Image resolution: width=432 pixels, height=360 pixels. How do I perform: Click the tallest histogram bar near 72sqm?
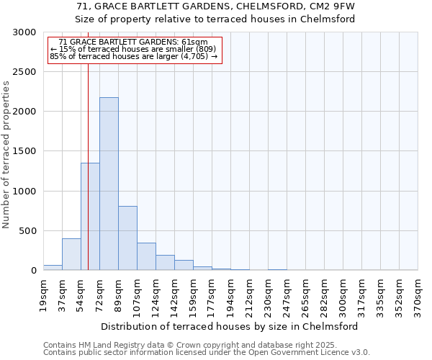(x=109, y=184)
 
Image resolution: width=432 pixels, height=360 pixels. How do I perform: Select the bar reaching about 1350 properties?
(x=90, y=216)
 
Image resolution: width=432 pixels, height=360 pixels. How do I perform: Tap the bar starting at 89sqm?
(x=127, y=238)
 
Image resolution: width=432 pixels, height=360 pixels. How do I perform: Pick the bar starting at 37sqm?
(x=71, y=254)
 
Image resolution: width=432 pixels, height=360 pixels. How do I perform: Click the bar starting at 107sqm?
(x=146, y=256)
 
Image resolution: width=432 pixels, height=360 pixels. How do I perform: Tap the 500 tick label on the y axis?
(x=27, y=231)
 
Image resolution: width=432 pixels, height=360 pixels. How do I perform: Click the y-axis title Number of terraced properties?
(x=6, y=155)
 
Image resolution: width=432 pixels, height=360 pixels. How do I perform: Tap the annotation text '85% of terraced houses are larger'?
(x=133, y=56)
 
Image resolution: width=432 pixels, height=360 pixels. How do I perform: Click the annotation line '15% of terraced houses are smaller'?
(x=133, y=49)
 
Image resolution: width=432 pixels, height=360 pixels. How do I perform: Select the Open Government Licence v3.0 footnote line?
(x=207, y=353)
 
